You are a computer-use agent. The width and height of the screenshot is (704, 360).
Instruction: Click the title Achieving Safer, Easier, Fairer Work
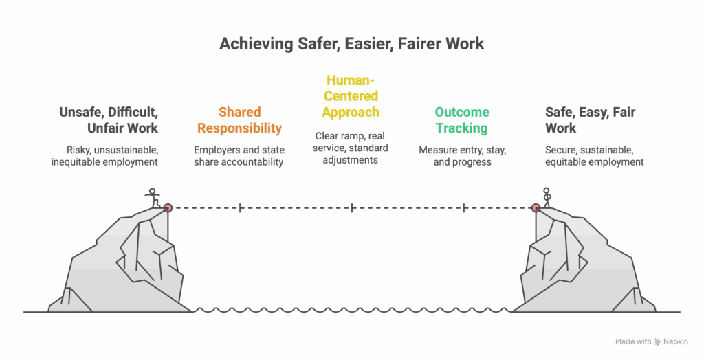tap(351, 45)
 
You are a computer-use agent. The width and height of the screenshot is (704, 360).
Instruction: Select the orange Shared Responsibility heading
tap(239, 120)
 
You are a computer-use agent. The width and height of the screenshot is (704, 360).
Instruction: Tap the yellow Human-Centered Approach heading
tap(351, 96)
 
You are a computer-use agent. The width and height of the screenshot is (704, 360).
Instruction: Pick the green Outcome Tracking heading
tap(462, 120)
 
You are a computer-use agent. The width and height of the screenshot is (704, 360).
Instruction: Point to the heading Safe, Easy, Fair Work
tap(590, 120)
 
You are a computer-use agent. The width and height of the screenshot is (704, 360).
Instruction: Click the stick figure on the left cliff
tap(153, 196)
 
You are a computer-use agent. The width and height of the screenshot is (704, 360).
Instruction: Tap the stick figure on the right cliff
tap(547, 195)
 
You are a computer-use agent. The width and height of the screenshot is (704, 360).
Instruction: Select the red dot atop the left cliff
tap(167, 207)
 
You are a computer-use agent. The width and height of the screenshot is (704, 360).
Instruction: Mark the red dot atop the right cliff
tap(536, 207)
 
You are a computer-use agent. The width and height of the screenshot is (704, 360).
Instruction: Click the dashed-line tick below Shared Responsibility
tap(239, 207)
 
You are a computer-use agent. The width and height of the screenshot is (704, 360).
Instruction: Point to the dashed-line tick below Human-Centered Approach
tap(352, 207)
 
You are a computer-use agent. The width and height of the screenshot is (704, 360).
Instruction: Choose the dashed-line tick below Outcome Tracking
tap(465, 207)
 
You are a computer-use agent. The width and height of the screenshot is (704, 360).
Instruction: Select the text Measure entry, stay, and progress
tap(462, 156)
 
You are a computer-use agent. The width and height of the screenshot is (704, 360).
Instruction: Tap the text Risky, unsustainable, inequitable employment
tap(105, 156)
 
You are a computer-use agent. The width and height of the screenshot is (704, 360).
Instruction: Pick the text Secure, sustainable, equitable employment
tap(594, 156)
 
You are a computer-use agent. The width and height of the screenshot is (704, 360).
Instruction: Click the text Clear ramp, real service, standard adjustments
tap(351, 148)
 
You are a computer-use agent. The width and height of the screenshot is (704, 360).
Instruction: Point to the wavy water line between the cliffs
tap(352, 311)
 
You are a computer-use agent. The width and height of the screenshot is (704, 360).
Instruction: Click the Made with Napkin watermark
tap(651, 341)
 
